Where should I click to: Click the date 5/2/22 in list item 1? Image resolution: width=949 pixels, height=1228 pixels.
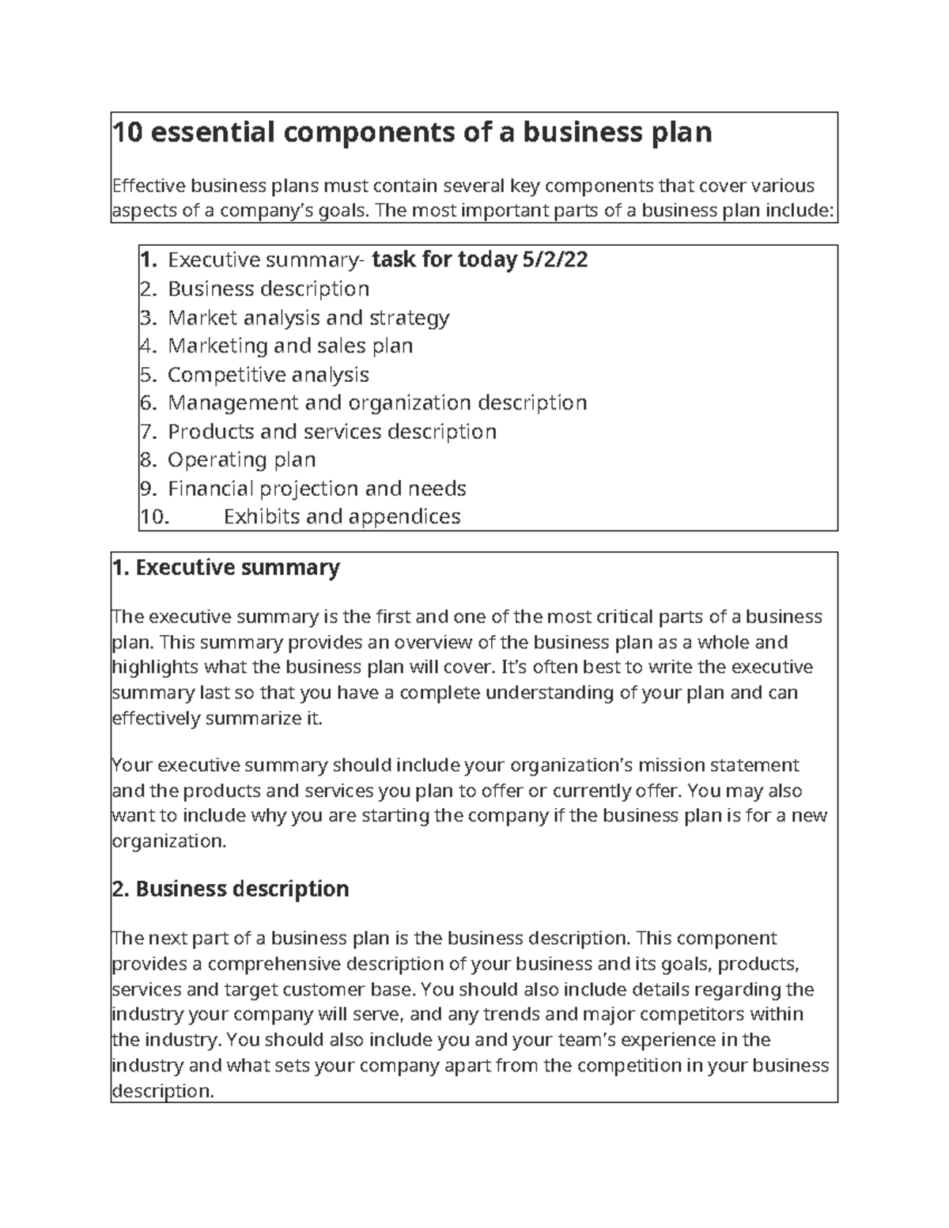click(x=555, y=260)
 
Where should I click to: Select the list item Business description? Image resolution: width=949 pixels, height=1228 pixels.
click(x=268, y=289)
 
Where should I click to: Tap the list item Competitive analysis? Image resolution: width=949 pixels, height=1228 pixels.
click(x=268, y=374)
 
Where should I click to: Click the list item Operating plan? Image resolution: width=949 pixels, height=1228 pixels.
click(x=241, y=459)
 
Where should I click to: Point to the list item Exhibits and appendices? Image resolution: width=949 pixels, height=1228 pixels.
click(x=342, y=516)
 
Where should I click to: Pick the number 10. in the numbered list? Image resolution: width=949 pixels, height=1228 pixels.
click(x=154, y=516)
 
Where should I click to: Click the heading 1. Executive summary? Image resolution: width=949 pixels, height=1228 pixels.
click(x=226, y=568)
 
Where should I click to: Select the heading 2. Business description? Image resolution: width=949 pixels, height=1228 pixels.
click(x=231, y=889)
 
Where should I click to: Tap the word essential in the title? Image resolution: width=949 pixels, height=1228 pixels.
click(x=206, y=132)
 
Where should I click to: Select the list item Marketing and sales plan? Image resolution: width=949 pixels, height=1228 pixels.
click(x=290, y=346)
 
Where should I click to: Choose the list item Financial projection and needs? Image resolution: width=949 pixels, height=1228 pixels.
click(x=316, y=488)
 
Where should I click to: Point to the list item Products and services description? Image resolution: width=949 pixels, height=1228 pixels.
click(x=332, y=431)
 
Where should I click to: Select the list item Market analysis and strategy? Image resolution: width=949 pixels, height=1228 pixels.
click(x=308, y=317)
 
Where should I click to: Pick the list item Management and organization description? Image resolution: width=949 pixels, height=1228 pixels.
click(x=377, y=402)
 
